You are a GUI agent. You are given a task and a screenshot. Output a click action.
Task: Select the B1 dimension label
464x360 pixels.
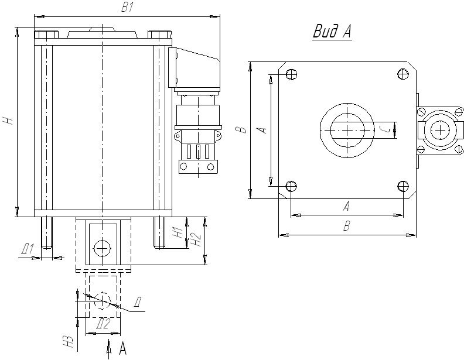coord(127,8)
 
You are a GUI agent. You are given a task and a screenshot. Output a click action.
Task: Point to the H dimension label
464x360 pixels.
coord(8,121)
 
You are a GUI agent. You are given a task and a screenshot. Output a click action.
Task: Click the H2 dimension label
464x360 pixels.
coord(197,239)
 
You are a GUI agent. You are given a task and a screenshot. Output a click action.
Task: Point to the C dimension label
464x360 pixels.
coord(384,129)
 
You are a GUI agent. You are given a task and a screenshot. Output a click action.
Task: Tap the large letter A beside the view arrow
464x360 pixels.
coord(122,349)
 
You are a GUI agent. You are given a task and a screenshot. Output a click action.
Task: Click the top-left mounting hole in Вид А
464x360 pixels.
coord(290,74)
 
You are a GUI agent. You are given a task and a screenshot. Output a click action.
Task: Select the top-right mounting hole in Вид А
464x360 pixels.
coord(402,74)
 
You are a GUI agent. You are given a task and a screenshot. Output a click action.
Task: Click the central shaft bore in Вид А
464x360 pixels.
coord(347,130)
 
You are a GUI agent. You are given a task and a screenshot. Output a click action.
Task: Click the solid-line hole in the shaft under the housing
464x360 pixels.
coord(103,248)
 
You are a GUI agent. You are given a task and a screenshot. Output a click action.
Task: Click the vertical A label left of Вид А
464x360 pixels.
coord(263,129)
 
